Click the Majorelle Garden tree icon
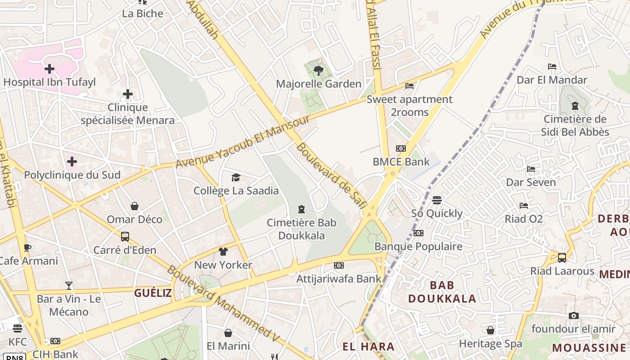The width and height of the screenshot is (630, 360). coord(319,70)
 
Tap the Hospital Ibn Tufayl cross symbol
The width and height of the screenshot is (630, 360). coord(49,69)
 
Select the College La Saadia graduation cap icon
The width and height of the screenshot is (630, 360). coord(236,177)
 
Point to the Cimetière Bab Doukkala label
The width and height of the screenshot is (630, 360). coord(301,229)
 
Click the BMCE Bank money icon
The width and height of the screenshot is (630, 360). coord(400,148)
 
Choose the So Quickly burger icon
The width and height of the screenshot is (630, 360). coord(436,200)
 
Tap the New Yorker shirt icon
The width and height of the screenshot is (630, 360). coord(223,252)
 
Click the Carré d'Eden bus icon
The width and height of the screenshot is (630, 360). coord(125,237)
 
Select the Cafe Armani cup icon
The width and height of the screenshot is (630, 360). coord(27,247)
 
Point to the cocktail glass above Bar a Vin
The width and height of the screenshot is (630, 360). coord(68,285)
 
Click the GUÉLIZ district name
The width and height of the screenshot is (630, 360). coord(153,293)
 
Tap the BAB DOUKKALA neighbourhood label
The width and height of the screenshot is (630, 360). coord(442,292)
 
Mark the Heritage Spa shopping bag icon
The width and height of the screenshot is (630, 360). coord(490,331)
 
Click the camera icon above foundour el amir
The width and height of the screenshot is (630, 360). coord(573,315)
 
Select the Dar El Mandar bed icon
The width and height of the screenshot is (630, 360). coord(552,67)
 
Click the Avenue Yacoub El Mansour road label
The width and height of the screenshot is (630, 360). coord(243,141)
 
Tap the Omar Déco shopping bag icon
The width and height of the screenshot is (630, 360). coord(134,206)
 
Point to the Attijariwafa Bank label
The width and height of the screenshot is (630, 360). coord(338,279)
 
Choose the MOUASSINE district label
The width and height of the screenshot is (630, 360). coord(589,347)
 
